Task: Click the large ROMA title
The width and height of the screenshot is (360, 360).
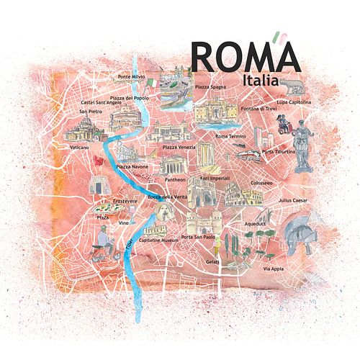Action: click(245, 56)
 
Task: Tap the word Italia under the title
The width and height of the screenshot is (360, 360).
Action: click(260, 81)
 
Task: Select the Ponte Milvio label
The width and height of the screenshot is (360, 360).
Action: click(132, 76)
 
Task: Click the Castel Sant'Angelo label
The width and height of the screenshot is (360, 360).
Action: click(99, 104)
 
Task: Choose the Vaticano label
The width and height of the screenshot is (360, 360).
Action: click(79, 147)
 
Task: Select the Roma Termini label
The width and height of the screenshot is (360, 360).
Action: click(231, 136)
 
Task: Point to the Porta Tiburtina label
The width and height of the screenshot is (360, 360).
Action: click(278, 152)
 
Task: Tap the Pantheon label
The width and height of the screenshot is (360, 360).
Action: click(175, 179)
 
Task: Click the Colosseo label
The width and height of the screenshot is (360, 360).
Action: click(261, 183)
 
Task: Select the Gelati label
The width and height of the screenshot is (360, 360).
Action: click(212, 262)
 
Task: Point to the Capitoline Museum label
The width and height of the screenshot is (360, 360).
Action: click(158, 240)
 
